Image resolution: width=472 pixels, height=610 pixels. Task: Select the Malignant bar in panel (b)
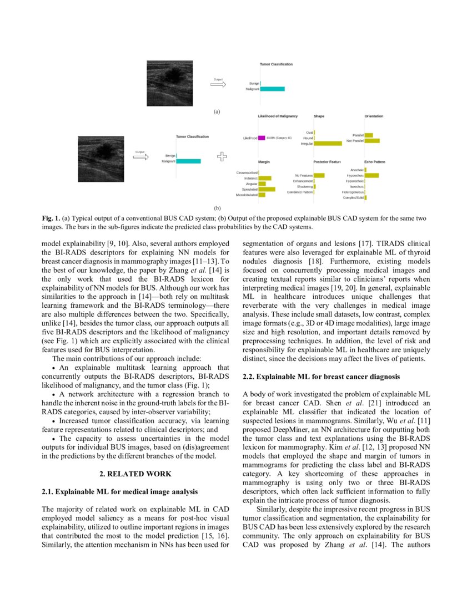pos(188,161)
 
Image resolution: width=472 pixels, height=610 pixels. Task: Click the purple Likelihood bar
pos(262,138)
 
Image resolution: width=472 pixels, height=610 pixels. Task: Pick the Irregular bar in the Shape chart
pos(328,144)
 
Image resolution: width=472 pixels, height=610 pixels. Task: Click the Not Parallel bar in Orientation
pos(371,141)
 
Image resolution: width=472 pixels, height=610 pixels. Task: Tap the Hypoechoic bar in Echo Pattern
pos(371,175)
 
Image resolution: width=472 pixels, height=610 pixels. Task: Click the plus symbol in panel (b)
pos(222,156)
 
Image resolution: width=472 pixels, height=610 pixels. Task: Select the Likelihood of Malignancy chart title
pos(278,116)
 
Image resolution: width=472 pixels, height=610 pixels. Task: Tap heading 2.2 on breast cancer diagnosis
pos(321,377)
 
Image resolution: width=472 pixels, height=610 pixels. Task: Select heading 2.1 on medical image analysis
pos(120,492)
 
